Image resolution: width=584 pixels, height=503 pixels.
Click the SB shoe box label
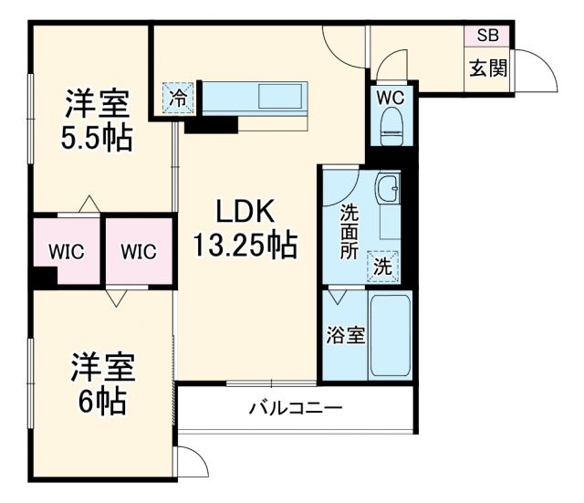point(487,37)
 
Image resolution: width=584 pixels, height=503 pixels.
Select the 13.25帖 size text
point(245,245)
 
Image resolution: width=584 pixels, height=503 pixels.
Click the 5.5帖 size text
point(96,139)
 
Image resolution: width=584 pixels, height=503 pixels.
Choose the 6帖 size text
point(103,401)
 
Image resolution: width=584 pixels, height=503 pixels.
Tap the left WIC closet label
point(67,251)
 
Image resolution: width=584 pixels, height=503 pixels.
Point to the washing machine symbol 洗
point(383,267)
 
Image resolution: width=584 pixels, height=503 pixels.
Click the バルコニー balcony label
point(296,408)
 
